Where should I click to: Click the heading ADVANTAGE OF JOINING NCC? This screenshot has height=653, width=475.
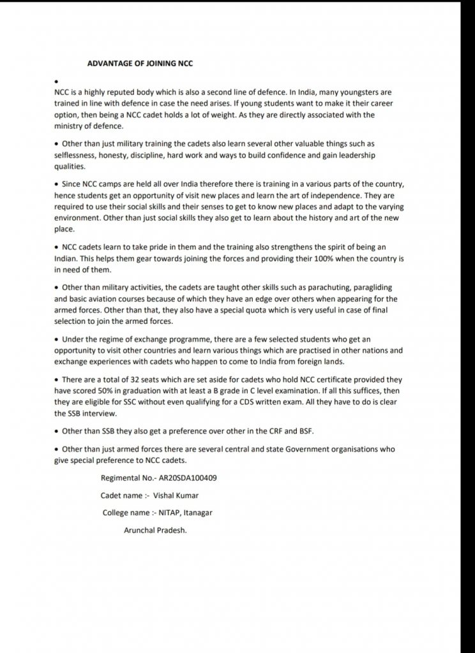click(x=139, y=64)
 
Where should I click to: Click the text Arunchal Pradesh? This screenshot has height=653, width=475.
click(x=155, y=529)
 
